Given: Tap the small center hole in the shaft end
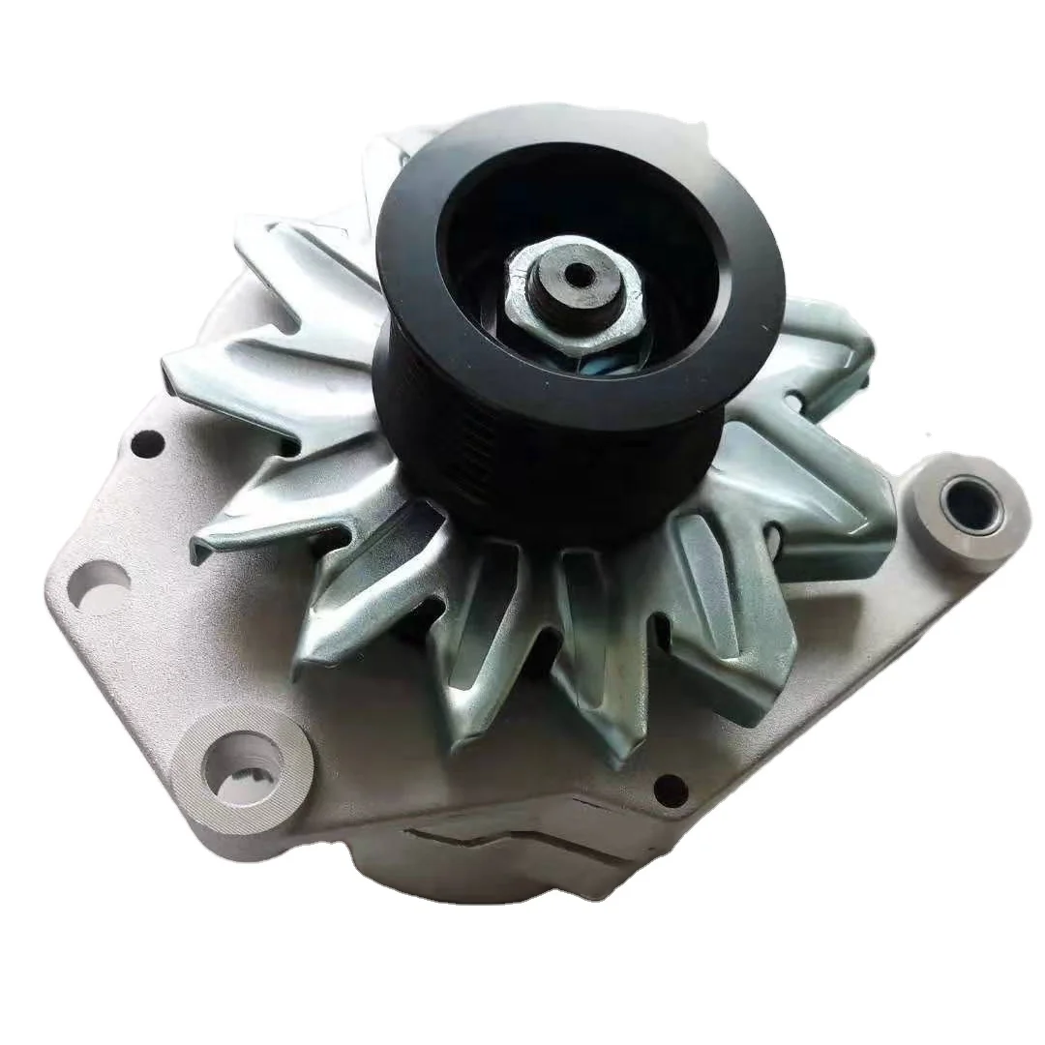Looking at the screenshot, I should coord(579,276).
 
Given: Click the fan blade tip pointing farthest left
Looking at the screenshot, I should coord(174,368).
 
